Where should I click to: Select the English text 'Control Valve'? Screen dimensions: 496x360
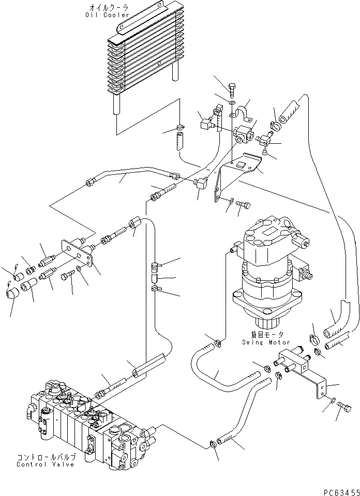tap(46, 464)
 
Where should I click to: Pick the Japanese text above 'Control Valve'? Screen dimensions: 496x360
tap(46, 457)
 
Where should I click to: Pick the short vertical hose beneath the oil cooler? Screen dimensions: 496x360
tap(179, 141)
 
